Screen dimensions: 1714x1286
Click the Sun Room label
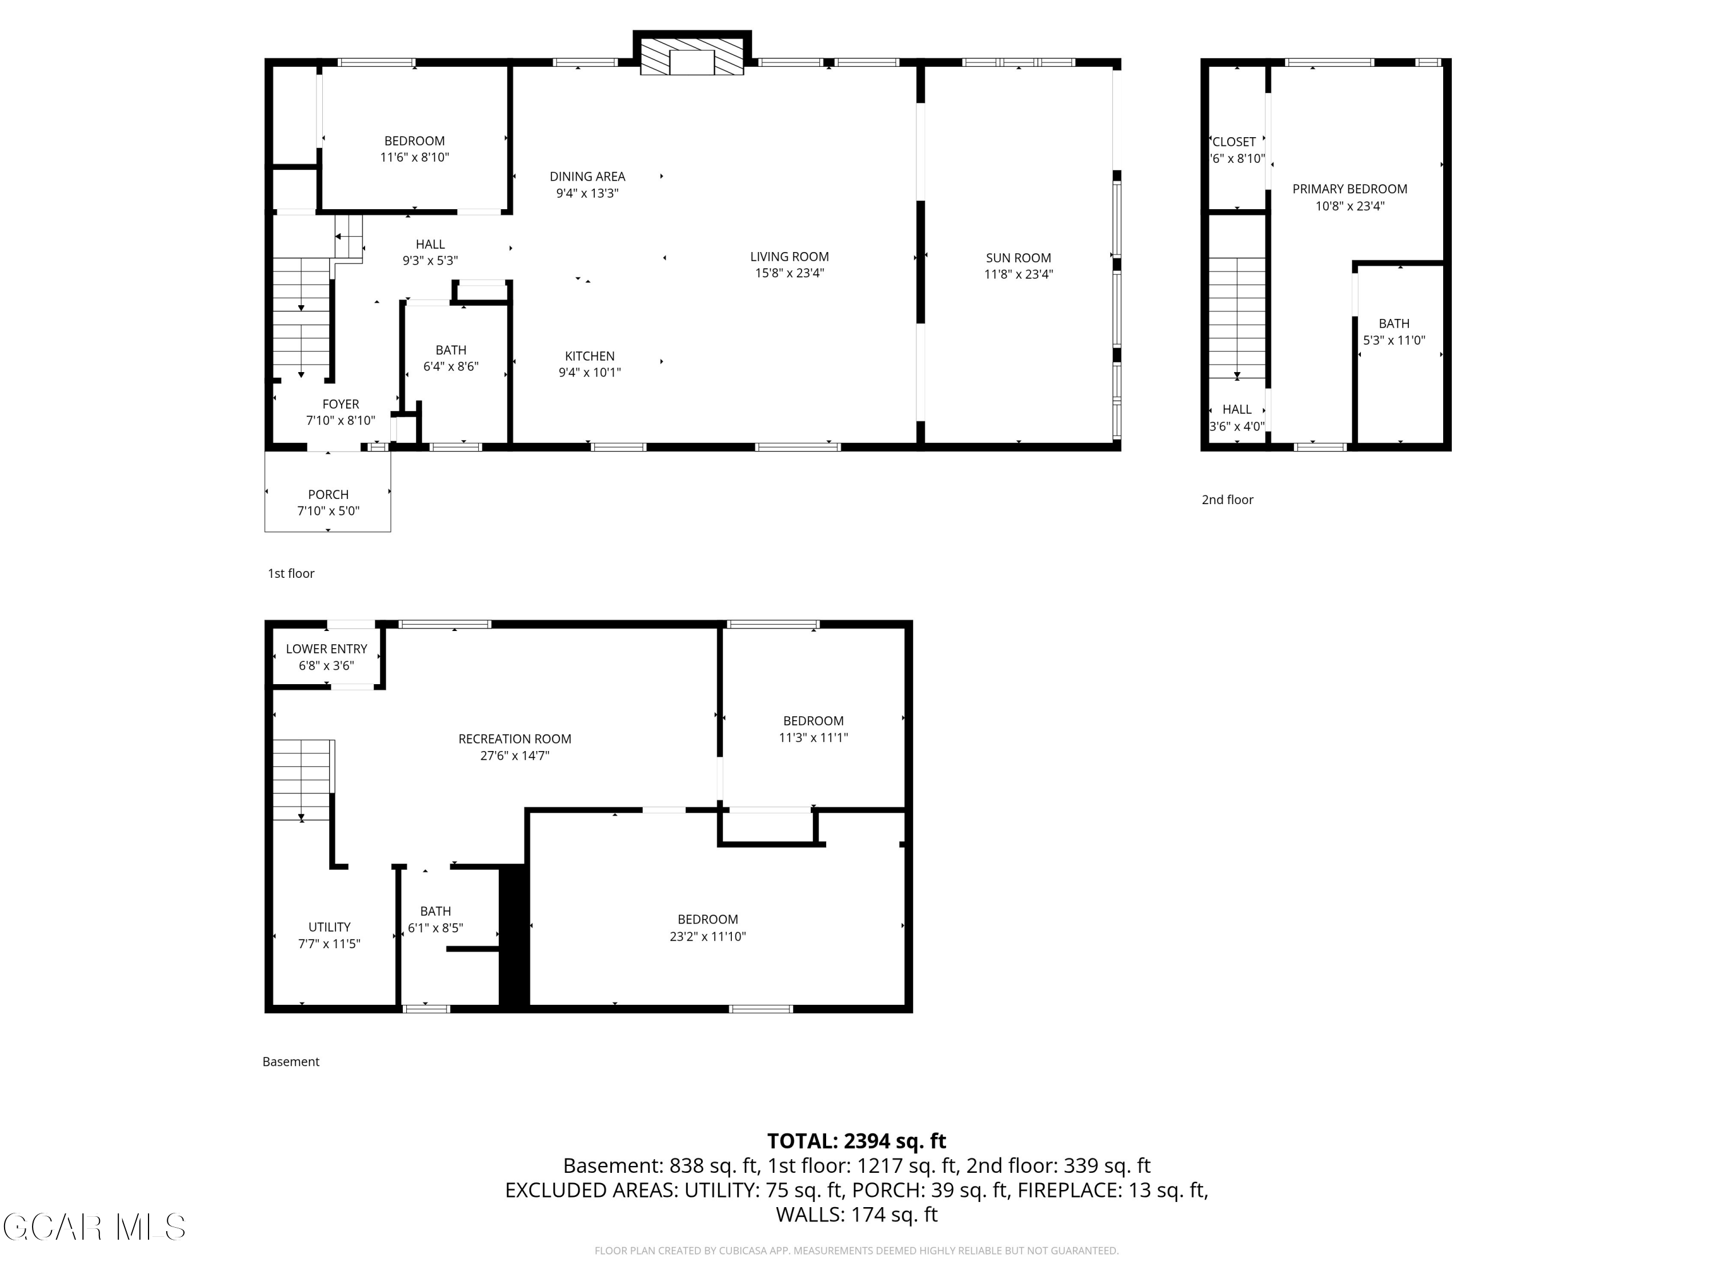pyautogui.click(x=1018, y=258)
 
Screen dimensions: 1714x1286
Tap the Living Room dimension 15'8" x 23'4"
pyautogui.click(x=789, y=273)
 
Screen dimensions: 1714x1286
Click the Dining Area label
pyautogui.click(x=587, y=177)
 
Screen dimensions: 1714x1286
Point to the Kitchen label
pyautogui.click(x=590, y=356)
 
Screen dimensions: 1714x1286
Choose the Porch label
pyautogui.click(x=329, y=494)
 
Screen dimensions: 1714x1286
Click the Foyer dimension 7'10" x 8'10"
pyautogui.click(x=341, y=421)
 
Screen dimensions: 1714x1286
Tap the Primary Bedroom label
pyautogui.click(x=1350, y=189)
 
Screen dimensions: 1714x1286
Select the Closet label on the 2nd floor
pyautogui.click(x=1234, y=142)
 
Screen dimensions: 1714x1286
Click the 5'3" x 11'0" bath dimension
pyautogui.click(x=1394, y=340)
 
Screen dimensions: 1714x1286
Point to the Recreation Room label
pyautogui.click(x=515, y=738)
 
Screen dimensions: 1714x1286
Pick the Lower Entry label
pyautogui.click(x=326, y=649)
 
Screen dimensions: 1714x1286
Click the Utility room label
pyautogui.click(x=329, y=927)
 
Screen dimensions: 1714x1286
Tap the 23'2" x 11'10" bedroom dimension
pyautogui.click(x=707, y=936)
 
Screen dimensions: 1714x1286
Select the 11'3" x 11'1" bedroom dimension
pyautogui.click(x=814, y=738)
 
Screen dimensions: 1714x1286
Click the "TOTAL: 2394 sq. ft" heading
pyautogui.click(x=856, y=1141)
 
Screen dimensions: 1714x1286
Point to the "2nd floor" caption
pyautogui.click(x=1227, y=500)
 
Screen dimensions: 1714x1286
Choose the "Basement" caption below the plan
pyautogui.click(x=291, y=1062)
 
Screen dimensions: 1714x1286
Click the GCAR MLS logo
pyautogui.click(x=94, y=1227)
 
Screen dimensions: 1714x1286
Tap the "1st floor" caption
pyautogui.click(x=291, y=574)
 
